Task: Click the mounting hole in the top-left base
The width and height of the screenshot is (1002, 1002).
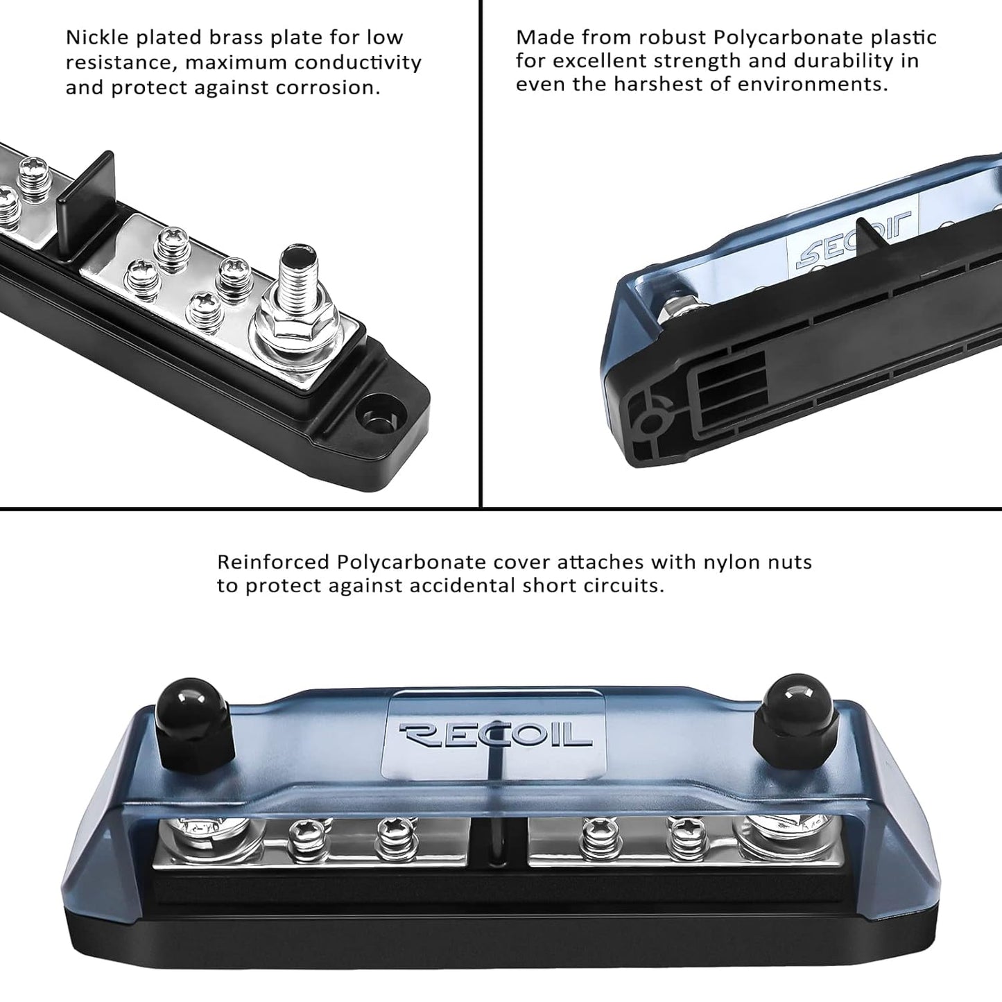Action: coord(374,418)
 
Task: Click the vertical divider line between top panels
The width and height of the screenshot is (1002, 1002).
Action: coord(481,253)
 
